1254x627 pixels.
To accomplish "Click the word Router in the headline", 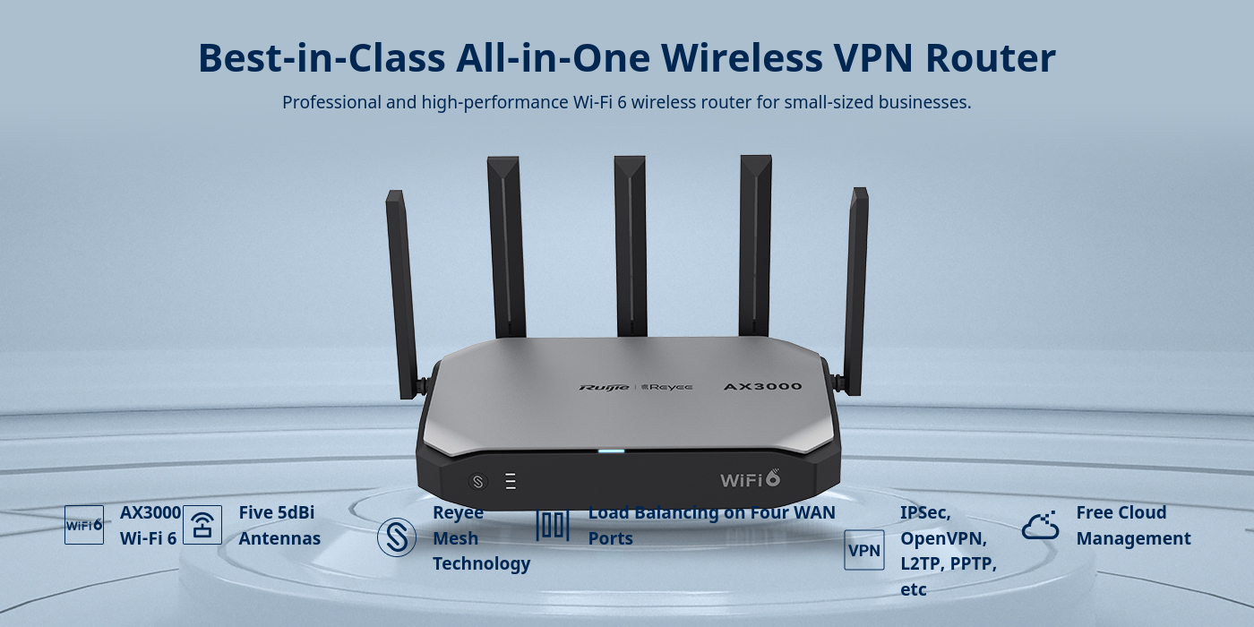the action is tap(991, 57).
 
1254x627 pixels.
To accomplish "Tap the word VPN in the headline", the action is tap(872, 57).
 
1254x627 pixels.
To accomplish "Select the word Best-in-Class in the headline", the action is tap(322, 57).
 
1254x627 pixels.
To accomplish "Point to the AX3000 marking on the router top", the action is tap(762, 386).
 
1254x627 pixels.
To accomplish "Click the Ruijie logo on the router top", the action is tap(604, 387).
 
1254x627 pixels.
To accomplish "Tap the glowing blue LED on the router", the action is tap(611, 451).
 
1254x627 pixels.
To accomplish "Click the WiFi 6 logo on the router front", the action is tap(751, 478).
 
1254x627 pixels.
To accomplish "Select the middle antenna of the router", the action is tap(631, 246).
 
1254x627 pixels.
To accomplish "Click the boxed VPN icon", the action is tap(863, 550).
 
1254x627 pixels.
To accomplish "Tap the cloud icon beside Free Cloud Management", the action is tap(1040, 526).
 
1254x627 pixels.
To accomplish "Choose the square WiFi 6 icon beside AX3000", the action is tap(84, 525).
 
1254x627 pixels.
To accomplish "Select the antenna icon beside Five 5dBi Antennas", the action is tap(202, 525).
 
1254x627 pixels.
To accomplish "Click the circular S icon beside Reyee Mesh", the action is tap(396, 537).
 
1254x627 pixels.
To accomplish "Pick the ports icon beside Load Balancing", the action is tap(553, 525).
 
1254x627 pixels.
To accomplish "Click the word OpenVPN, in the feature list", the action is tap(943, 538).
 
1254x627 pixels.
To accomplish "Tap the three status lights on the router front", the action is tap(511, 482).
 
